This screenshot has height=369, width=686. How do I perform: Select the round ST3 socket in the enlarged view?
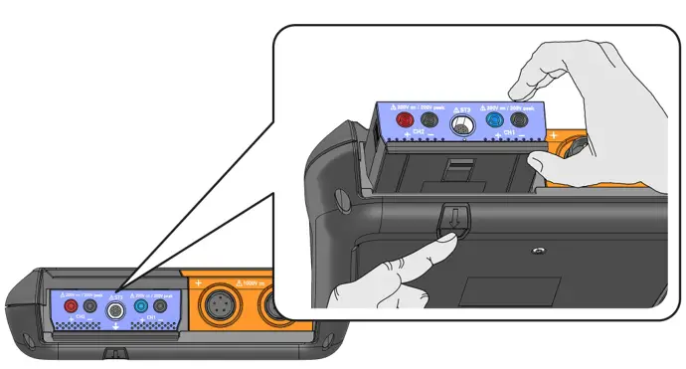click(460, 125)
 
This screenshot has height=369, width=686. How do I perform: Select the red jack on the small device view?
click(71, 308)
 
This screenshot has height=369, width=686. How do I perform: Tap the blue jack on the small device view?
click(140, 308)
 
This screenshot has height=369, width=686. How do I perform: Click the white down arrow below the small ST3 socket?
click(115, 328)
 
